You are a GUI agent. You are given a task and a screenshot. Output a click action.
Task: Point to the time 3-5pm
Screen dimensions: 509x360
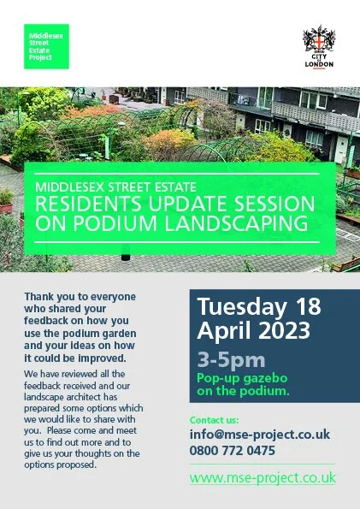point(230,359)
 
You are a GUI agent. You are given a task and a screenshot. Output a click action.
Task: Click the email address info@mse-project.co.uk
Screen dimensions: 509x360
point(259,435)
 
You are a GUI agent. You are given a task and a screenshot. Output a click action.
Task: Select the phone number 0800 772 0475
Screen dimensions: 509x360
point(233,450)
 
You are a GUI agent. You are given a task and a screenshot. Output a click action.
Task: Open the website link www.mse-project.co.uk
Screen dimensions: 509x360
point(263,477)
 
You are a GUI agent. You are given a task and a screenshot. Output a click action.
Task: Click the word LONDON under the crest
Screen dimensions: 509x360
point(319,65)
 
